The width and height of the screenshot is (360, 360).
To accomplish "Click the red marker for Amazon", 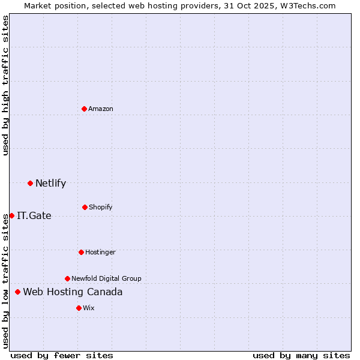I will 84,109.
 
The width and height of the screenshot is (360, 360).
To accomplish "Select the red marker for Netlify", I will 30,183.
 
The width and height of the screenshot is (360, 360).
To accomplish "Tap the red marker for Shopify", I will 85,207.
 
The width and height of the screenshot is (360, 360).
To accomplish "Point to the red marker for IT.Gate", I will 11,215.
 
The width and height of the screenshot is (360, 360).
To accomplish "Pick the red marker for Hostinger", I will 81,252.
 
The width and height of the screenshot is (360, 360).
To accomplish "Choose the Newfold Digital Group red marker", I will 67,278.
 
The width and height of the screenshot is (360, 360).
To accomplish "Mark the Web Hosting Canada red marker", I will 17,292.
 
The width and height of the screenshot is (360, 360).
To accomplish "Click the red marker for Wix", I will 79,308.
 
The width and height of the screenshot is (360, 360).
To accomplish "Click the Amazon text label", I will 101,109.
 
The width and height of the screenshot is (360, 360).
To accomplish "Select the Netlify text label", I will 50,183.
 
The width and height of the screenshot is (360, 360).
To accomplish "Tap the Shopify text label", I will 101,207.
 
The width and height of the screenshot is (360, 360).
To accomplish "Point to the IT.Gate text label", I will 34,215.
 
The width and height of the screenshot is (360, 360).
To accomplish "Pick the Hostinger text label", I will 100,252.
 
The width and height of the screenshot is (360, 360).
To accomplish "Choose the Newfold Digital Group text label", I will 106,278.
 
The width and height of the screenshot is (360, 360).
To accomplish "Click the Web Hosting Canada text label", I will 73,292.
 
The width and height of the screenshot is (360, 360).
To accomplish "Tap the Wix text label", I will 89,308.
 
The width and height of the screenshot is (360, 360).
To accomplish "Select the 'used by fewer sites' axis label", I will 62,355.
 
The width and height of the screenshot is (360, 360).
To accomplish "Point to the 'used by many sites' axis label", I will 301,355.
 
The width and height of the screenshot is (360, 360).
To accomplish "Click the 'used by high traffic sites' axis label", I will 5,85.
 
